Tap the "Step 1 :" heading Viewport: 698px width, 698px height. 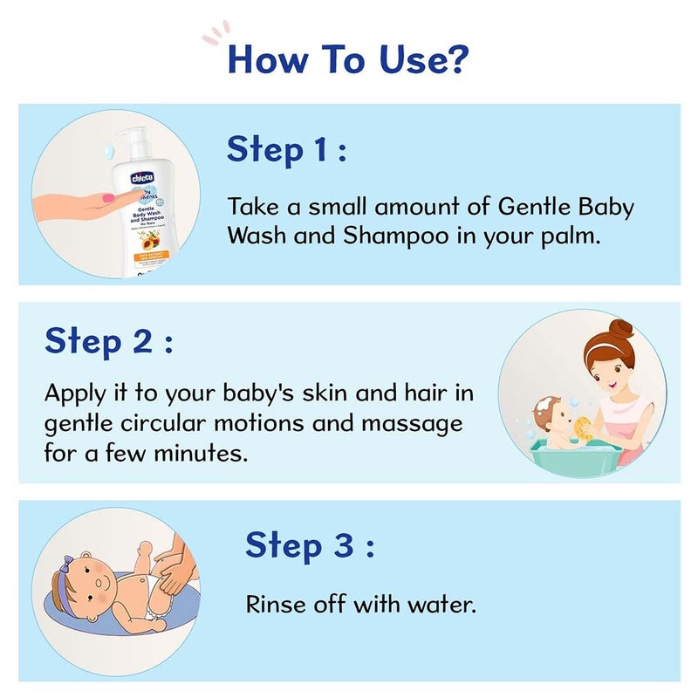point(287,149)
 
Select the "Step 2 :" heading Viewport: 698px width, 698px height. point(109,340)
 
